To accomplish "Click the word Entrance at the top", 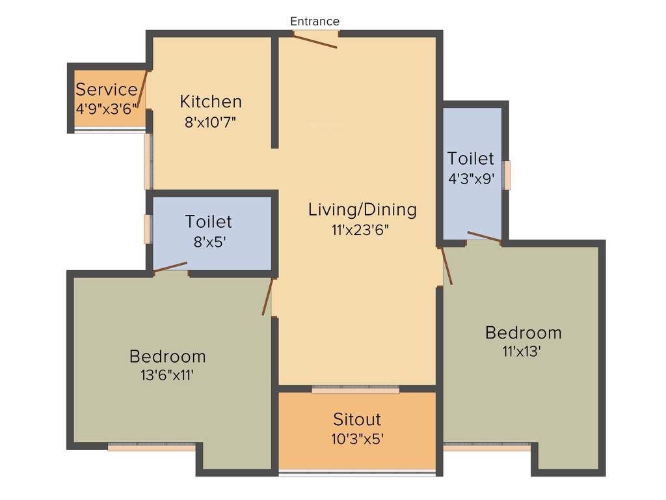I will pyautogui.click(x=314, y=21).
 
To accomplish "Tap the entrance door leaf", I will pyautogui.click(x=315, y=40).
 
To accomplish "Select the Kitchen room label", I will pyautogui.click(x=211, y=102).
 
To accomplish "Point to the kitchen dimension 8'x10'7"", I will pyautogui.click(x=210, y=122).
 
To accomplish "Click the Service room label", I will pyautogui.click(x=107, y=90).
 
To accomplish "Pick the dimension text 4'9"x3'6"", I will pyautogui.click(x=106, y=109).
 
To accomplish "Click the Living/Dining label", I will pyautogui.click(x=362, y=210).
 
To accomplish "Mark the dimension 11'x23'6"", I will pyautogui.click(x=360, y=230).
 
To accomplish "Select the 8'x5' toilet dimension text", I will pyautogui.click(x=208, y=242).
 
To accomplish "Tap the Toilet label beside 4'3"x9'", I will pyautogui.click(x=471, y=158).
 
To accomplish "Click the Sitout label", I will pyautogui.click(x=357, y=419).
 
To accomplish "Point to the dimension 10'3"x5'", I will pyautogui.click(x=357, y=439).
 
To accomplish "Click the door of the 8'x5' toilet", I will pyautogui.click(x=170, y=266).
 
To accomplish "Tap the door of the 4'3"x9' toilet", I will pyautogui.click(x=484, y=236).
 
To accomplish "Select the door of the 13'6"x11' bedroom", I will pyautogui.click(x=267, y=297).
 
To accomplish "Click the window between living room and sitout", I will pyautogui.click(x=355, y=389).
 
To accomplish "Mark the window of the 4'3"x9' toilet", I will pyautogui.click(x=507, y=174).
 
